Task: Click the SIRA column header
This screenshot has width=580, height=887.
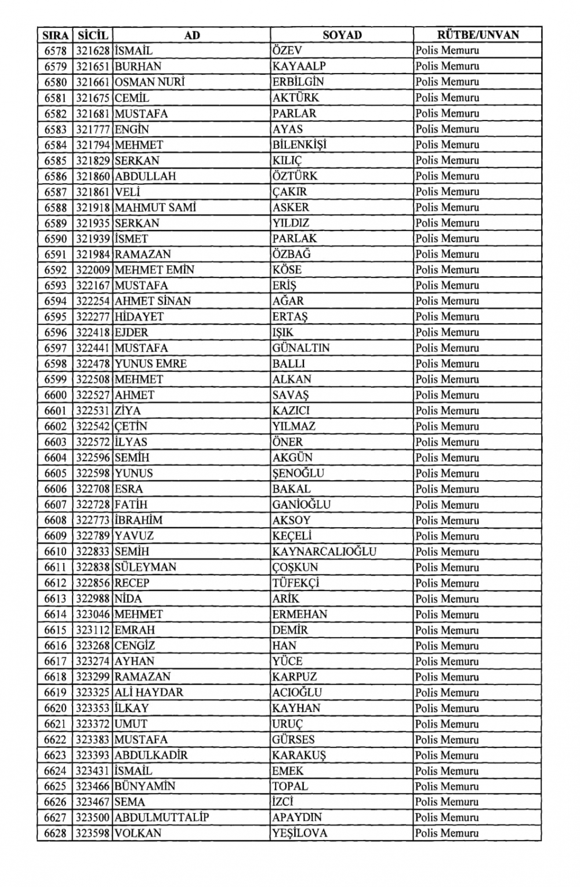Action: pos(56,35)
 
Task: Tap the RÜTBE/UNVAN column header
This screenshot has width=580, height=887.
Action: pos(477,35)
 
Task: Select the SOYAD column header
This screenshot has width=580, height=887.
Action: pos(342,35)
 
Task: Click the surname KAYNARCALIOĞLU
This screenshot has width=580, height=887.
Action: pos(324,552)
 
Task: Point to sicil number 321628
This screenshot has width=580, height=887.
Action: pos(93,51)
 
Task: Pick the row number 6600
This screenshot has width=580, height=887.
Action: pos(56,395)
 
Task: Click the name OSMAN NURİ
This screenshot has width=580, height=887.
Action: pos(149,82)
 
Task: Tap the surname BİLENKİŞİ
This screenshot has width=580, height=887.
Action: pos(299,145)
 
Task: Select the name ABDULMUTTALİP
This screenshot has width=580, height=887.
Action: pos(161,817)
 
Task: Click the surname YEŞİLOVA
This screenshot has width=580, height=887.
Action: pos(300,833)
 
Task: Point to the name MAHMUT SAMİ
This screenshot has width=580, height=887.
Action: pos(155,207)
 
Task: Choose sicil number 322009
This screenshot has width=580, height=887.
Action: pos(93,270)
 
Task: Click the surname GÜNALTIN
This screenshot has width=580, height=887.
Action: pos(300,348)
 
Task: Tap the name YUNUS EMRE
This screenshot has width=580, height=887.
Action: pos(150,364)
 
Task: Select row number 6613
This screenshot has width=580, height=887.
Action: pos(56,598)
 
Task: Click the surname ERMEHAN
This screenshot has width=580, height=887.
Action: pos(300,614)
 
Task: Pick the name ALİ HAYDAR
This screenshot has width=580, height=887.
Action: pos(148,692)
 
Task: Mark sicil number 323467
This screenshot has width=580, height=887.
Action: pos(93,802)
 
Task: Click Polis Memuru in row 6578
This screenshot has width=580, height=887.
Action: pos(447,51)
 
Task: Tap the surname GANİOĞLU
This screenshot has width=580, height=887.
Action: pos(301,505)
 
